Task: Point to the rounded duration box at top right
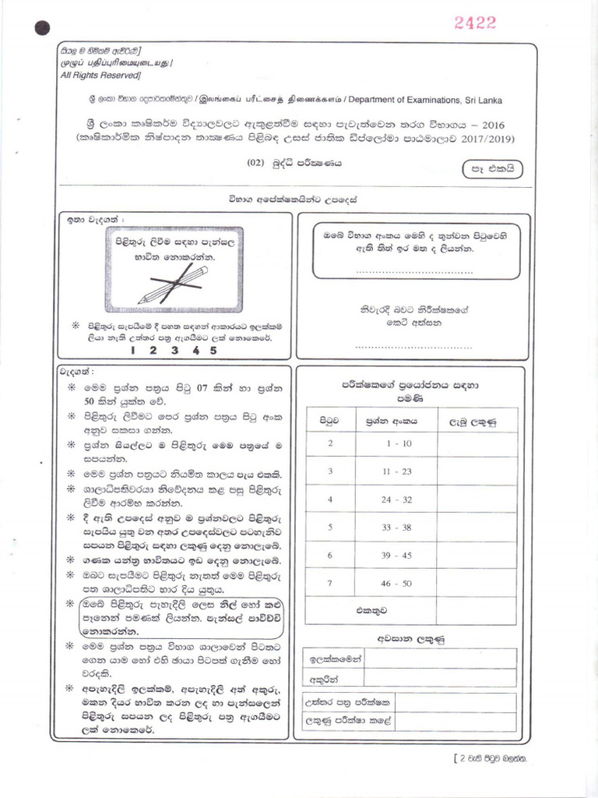coord(493,168)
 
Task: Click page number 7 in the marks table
coord(330,583)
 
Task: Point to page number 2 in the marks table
coord(330,443)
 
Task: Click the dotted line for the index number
coord(413,272)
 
